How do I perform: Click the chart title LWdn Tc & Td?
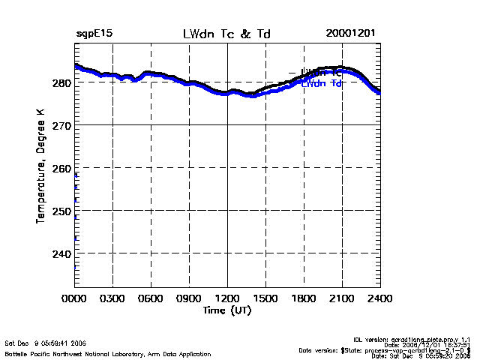226,34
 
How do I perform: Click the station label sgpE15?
94,34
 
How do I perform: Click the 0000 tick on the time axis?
74,298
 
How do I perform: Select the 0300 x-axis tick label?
112,298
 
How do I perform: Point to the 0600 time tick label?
151,298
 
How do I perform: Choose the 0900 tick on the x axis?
189,298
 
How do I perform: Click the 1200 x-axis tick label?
227,298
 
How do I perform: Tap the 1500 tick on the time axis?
265,298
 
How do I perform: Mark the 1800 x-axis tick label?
304,298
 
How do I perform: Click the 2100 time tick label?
342,298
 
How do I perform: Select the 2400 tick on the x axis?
379,298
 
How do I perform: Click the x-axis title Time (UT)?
226,310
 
